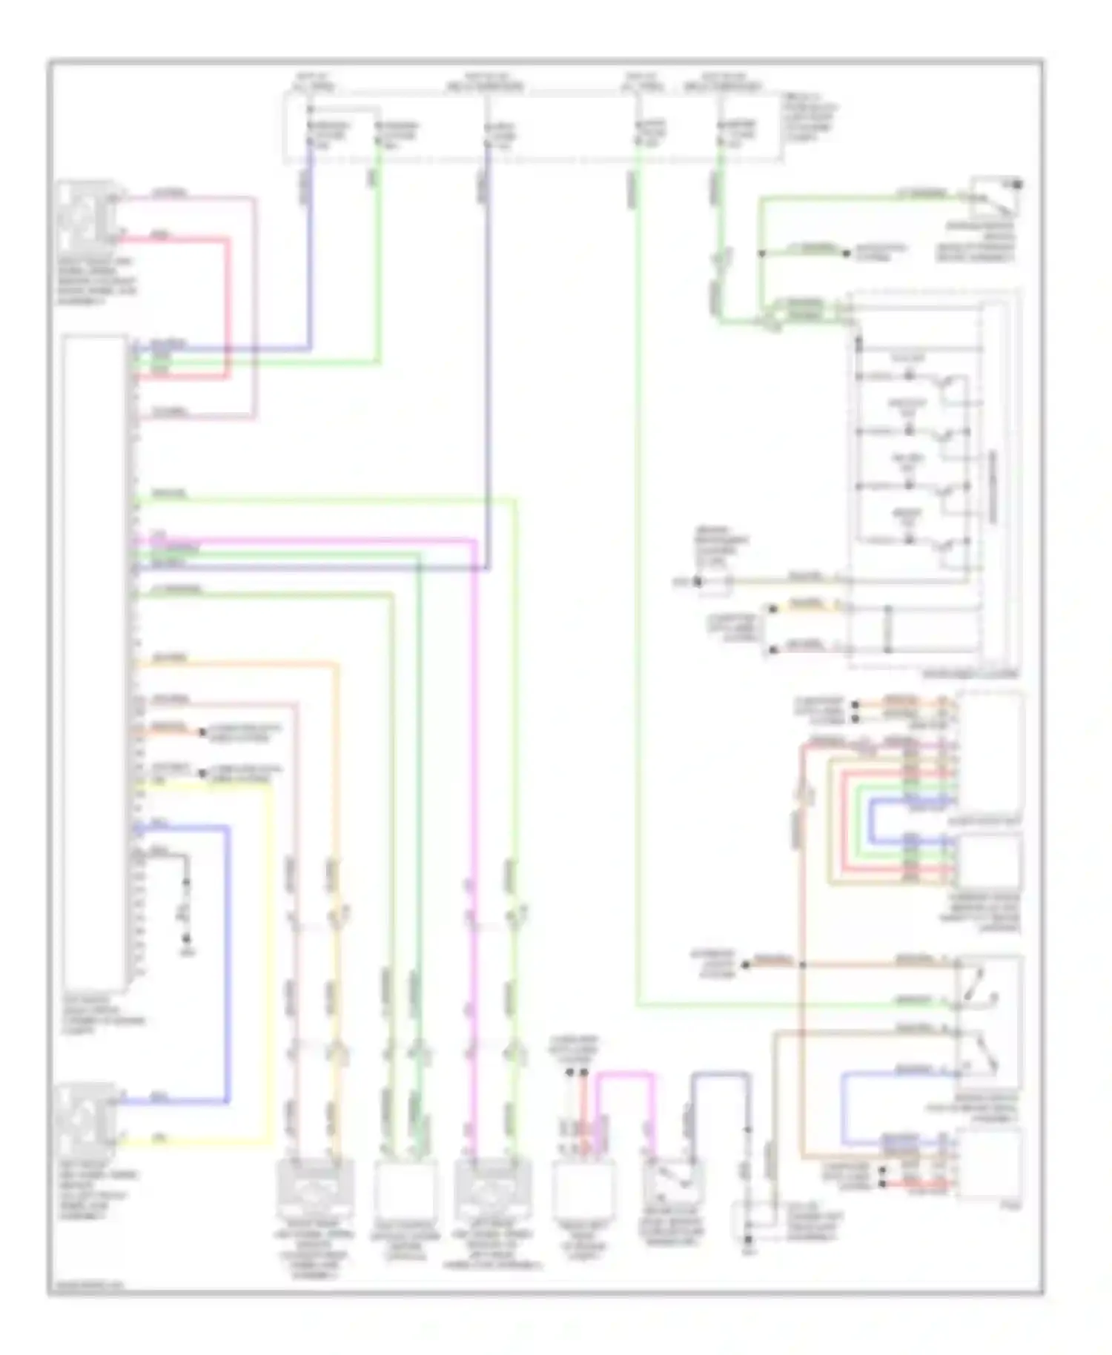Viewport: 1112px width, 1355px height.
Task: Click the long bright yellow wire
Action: [271, 964]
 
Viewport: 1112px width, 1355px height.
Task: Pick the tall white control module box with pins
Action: [94, 660]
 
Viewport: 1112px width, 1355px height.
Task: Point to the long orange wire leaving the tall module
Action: [337, 815]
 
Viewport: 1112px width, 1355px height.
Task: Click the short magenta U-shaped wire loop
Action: [626, 1074]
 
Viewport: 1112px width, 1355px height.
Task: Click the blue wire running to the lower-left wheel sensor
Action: [227, 964]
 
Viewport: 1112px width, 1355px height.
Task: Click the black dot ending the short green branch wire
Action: [846, 254]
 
